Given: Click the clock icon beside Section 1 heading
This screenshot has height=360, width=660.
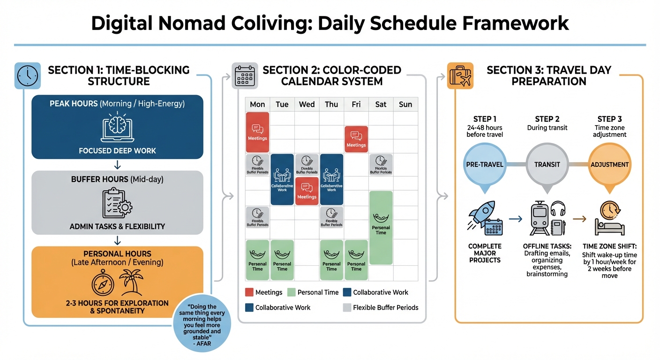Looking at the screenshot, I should pyautogui.click(x=28, y=75).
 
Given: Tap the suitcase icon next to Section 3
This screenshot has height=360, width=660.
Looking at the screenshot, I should pyautogui.click(x=460, y=75).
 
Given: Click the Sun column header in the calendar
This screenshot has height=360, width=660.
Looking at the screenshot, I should pyautogui.click(x=405, y=104).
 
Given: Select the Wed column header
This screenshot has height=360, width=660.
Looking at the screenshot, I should pyautogui.click(x=307, y=104).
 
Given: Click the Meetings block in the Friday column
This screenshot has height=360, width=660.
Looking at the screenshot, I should pyautogui.click(x=356, y=139).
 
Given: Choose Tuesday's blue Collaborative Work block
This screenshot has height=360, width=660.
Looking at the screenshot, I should pyautogui.click(x=282, y=180).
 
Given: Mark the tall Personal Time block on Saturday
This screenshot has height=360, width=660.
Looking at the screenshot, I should pyautogui.click(x=381, y=228).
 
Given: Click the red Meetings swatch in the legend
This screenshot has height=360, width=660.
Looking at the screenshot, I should pyautogui.click(x=249, y=292).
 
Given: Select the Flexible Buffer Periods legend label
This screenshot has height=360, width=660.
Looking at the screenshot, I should pyautogui.click(x=385, y=307).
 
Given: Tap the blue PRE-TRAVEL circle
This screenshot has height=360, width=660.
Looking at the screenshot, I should pyautogui.click(x=484, y=165).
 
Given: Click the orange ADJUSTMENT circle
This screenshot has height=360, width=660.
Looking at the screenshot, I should pyautogui.click(x=609, y=165).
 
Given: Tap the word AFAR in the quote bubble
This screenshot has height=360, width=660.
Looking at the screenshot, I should pyautogui.click(x=202, y=344).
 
